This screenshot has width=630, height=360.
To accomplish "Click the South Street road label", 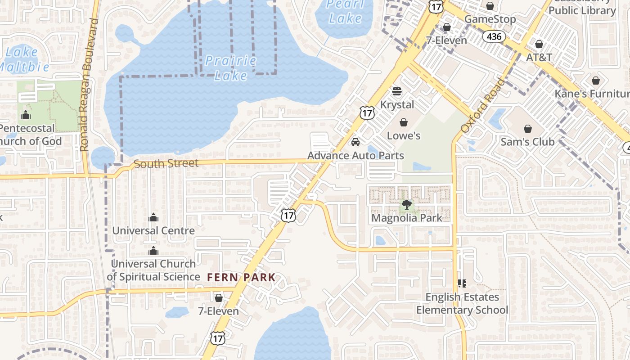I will tap(166, 163).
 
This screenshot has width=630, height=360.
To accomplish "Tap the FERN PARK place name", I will tap(241, 277).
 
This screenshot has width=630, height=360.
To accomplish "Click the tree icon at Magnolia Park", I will tap(406, 205).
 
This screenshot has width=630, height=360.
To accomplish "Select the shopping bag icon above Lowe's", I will tap(404, 122).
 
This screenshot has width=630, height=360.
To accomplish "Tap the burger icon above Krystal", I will tap(397, 91).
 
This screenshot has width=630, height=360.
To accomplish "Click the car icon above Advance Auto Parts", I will tap(355, 143).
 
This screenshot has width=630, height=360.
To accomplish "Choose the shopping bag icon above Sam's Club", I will tap(527, 129).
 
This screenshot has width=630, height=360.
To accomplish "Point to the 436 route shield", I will tap(494, 36).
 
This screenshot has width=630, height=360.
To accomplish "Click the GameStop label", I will tap(490, 19).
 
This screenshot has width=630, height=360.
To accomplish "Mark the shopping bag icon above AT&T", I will tap(539, 44).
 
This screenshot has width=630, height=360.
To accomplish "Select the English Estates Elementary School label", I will tap(462, 303).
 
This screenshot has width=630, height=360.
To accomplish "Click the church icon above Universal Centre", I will tap(153, 218).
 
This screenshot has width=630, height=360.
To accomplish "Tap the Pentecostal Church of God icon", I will tap(26, 115).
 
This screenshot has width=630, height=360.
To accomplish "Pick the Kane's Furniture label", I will tap(592, 94).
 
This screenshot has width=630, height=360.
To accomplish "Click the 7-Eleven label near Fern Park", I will tap(219, 311).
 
